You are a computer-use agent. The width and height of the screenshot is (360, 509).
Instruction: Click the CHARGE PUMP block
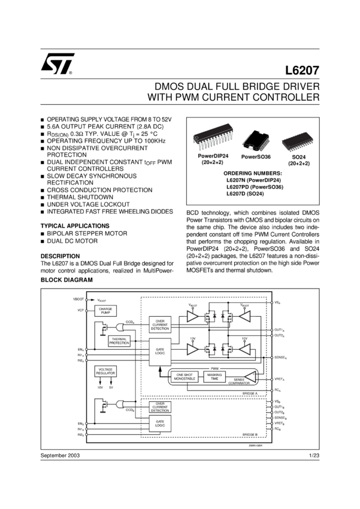tap(105, 311)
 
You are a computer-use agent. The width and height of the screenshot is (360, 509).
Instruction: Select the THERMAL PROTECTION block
tap(120, 341)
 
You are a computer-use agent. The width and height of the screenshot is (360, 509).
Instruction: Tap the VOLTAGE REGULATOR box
tap(105, 371)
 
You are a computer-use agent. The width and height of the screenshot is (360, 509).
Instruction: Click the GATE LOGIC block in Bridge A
tap(159, 351)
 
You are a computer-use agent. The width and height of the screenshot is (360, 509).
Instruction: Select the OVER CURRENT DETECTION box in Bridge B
tap(159, 407)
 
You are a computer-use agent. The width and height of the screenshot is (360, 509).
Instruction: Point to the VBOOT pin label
tap(78, 299)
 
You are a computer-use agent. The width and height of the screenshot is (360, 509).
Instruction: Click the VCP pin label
tap(79, 311)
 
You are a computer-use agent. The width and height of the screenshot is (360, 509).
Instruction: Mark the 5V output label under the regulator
tap(111, 387)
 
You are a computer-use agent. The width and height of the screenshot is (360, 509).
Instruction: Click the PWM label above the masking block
tap(214, 368)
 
